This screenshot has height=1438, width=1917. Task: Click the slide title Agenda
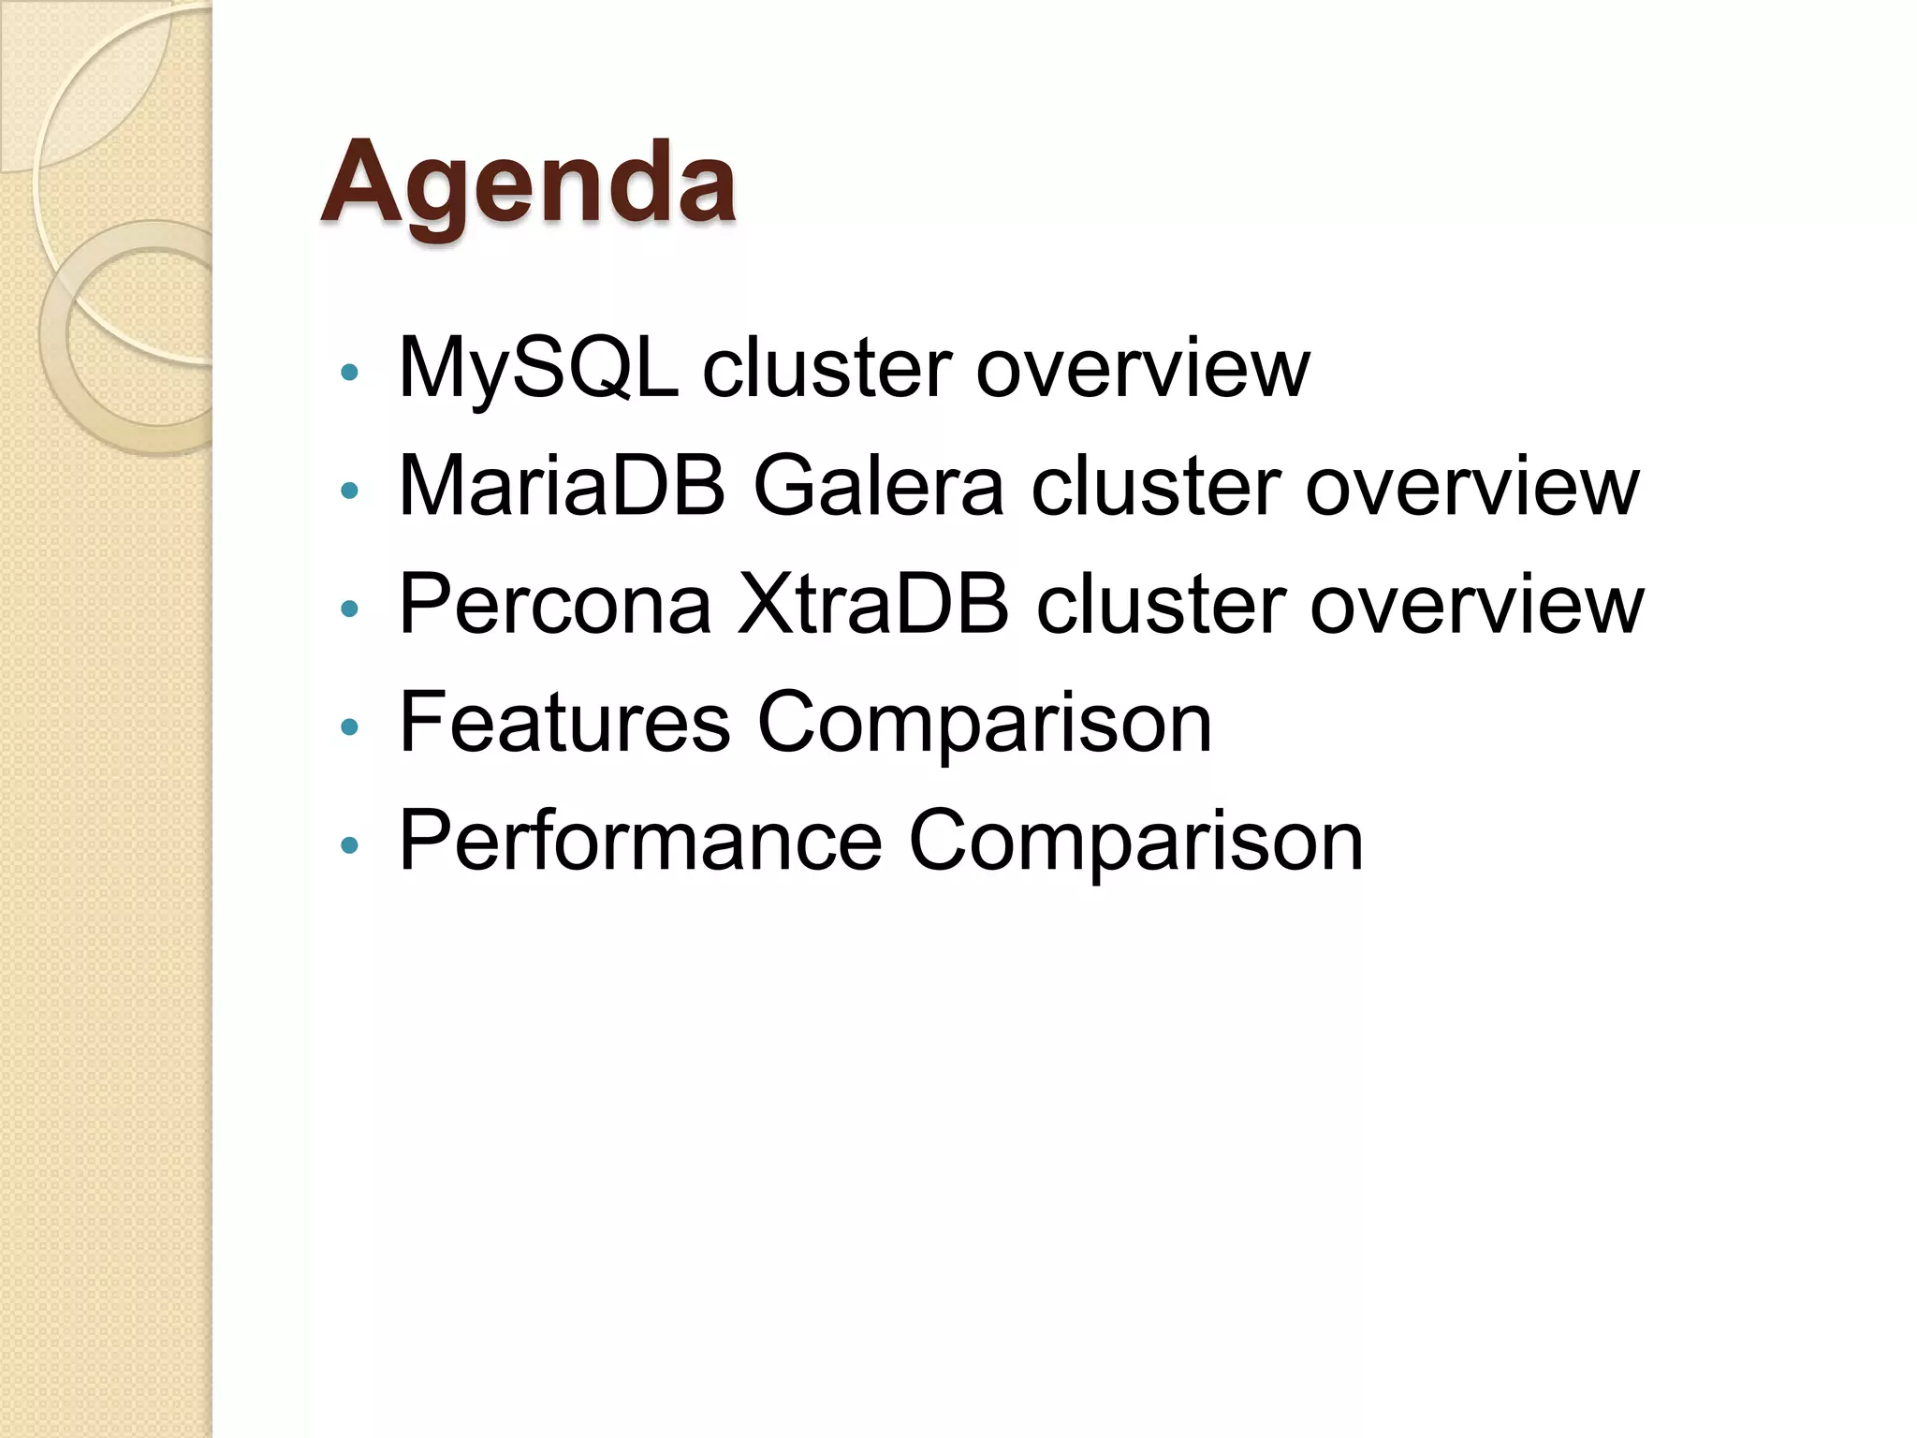tap(528, 183)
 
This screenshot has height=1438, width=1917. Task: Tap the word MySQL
tap(538, 368)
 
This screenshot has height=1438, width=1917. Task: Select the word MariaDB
tap(562, 486)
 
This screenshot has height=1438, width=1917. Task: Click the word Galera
tap(878, 486)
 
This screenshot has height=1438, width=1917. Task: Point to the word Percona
tap(554, 605)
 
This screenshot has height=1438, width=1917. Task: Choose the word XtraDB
tap(873, 605)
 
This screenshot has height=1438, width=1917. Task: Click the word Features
tap(564, 722)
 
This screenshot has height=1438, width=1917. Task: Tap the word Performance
tap(640, 841)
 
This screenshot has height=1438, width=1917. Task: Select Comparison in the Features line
tap(984, 722)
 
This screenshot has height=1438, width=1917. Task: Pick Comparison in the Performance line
tap(1135, 841)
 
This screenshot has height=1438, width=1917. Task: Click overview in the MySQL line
tap(1142, 368)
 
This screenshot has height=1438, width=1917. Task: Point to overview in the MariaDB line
tap(1471, 486)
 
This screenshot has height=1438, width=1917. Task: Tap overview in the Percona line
tap(1476, 605)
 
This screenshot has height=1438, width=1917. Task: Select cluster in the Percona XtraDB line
tap(1160, 605)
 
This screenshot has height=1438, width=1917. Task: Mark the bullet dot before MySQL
tap(350, 373)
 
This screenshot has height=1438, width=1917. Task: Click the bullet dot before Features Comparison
tap(350, 726)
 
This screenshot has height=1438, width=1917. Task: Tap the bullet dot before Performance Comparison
tap(350, 845)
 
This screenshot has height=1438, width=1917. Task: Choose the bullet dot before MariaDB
tap(350, 491)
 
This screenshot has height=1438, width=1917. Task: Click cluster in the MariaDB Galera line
tap(1155, 486)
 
